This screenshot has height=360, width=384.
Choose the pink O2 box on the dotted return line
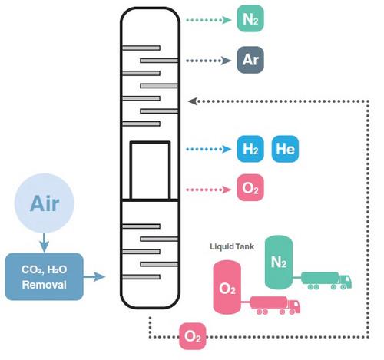coord(193,337)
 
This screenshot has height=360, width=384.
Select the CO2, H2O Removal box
coord(44,276)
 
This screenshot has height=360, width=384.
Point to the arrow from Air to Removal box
coord(44,243)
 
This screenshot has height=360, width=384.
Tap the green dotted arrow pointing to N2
coord(210,19)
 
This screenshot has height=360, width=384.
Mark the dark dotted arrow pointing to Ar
coord(210,59)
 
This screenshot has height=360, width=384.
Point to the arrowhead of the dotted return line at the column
coord(193,100)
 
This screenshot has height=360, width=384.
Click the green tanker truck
coord(327,279)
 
